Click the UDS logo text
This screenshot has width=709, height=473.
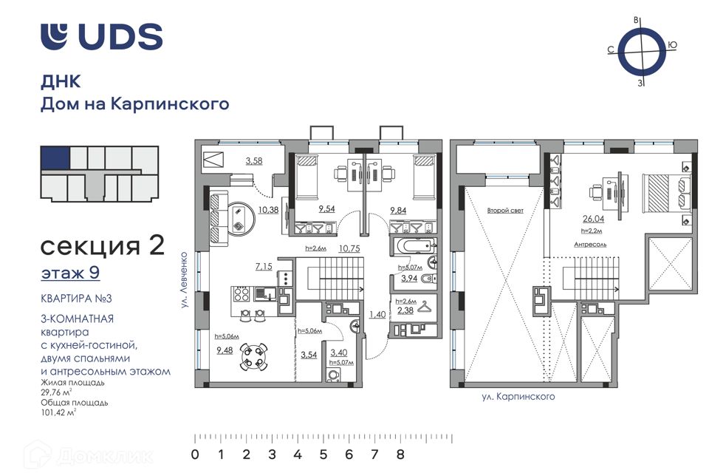pyautogui.click(x=120, y=36)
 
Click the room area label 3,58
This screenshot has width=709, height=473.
pyautogui.click(x=254, y=160)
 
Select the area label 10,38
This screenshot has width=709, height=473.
pyautogui.click(x=268, y=210)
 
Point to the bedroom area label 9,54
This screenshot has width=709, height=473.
pyautogui.click(x=326, y=209)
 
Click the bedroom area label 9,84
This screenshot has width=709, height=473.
pyautogui.click(x=398, y=210)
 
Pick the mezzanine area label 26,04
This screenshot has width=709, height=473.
pyautogui.click(x=593, y=219)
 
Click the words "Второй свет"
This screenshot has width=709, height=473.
pyautogui.click(x=505, y=211)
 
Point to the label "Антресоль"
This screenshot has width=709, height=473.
pyautogui.click(x=590, y=245)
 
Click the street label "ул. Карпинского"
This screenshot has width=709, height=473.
pyautogui.click(x=518, y=397)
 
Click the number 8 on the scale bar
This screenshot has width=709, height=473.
pyautogui.click(x=400, y=454)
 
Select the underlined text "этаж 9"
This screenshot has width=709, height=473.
pyautogui.click(x=70, y=273)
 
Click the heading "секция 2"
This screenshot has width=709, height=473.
pyautogui.click(x=103, y=246)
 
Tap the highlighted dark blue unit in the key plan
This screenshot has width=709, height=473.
pyautogui.click(x=55, y=157)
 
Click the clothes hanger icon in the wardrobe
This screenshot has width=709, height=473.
pyautogui.click(x=425, y=307)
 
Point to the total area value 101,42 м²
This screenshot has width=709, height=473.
pyautogui.click(x=59, y=412)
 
